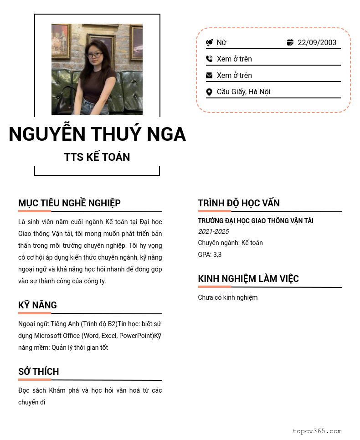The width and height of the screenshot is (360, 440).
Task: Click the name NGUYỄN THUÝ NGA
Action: tap(97, 134)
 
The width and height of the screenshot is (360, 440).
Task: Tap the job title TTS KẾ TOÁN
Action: tap(97, 157)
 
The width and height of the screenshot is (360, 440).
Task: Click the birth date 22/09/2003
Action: tap(317, 43)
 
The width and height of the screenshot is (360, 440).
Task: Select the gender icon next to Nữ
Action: tap(210, 43)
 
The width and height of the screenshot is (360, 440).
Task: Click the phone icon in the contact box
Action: tap(209, 59)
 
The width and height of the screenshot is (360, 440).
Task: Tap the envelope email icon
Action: tap(209, 75)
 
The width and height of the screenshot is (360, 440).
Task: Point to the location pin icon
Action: tap(209, 92)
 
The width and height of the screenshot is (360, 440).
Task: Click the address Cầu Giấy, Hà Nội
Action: tap(243, 92)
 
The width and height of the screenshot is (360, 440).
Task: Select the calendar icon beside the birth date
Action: tap(290, 43)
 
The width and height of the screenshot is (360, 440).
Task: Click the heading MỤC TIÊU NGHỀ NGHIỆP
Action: tap(69, 203)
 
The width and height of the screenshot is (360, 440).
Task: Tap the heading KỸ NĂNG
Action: tap(37, 305)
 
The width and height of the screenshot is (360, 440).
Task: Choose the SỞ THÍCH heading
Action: tap(39, 372)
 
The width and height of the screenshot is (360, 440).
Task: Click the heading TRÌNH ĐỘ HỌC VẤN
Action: tap(239, 203)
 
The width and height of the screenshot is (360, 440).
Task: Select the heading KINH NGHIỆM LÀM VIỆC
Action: tap(248, 279)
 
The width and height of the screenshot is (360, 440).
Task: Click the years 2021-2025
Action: tap(213, 232)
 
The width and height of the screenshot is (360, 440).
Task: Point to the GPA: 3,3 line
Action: tap(210, 255)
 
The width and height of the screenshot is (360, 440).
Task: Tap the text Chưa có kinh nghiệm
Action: tap(228, 297)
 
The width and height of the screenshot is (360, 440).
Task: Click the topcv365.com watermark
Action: tap(317, 431)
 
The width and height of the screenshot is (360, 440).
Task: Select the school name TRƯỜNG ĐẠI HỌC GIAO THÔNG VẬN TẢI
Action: tap(256, 221)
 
